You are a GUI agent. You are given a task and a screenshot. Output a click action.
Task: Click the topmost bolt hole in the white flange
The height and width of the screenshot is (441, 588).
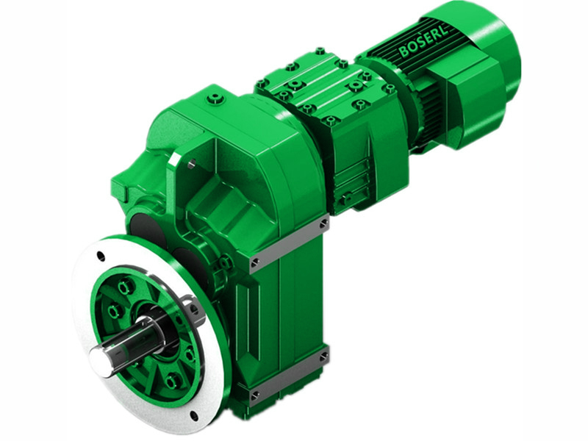tap(101, 257)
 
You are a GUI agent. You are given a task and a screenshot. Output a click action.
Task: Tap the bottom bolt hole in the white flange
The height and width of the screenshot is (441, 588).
tap(193, 415)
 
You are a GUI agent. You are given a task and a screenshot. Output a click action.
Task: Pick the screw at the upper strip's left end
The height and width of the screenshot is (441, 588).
tap(254, 262)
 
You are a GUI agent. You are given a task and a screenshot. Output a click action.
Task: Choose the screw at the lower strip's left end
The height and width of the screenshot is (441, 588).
tap(254, 397)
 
